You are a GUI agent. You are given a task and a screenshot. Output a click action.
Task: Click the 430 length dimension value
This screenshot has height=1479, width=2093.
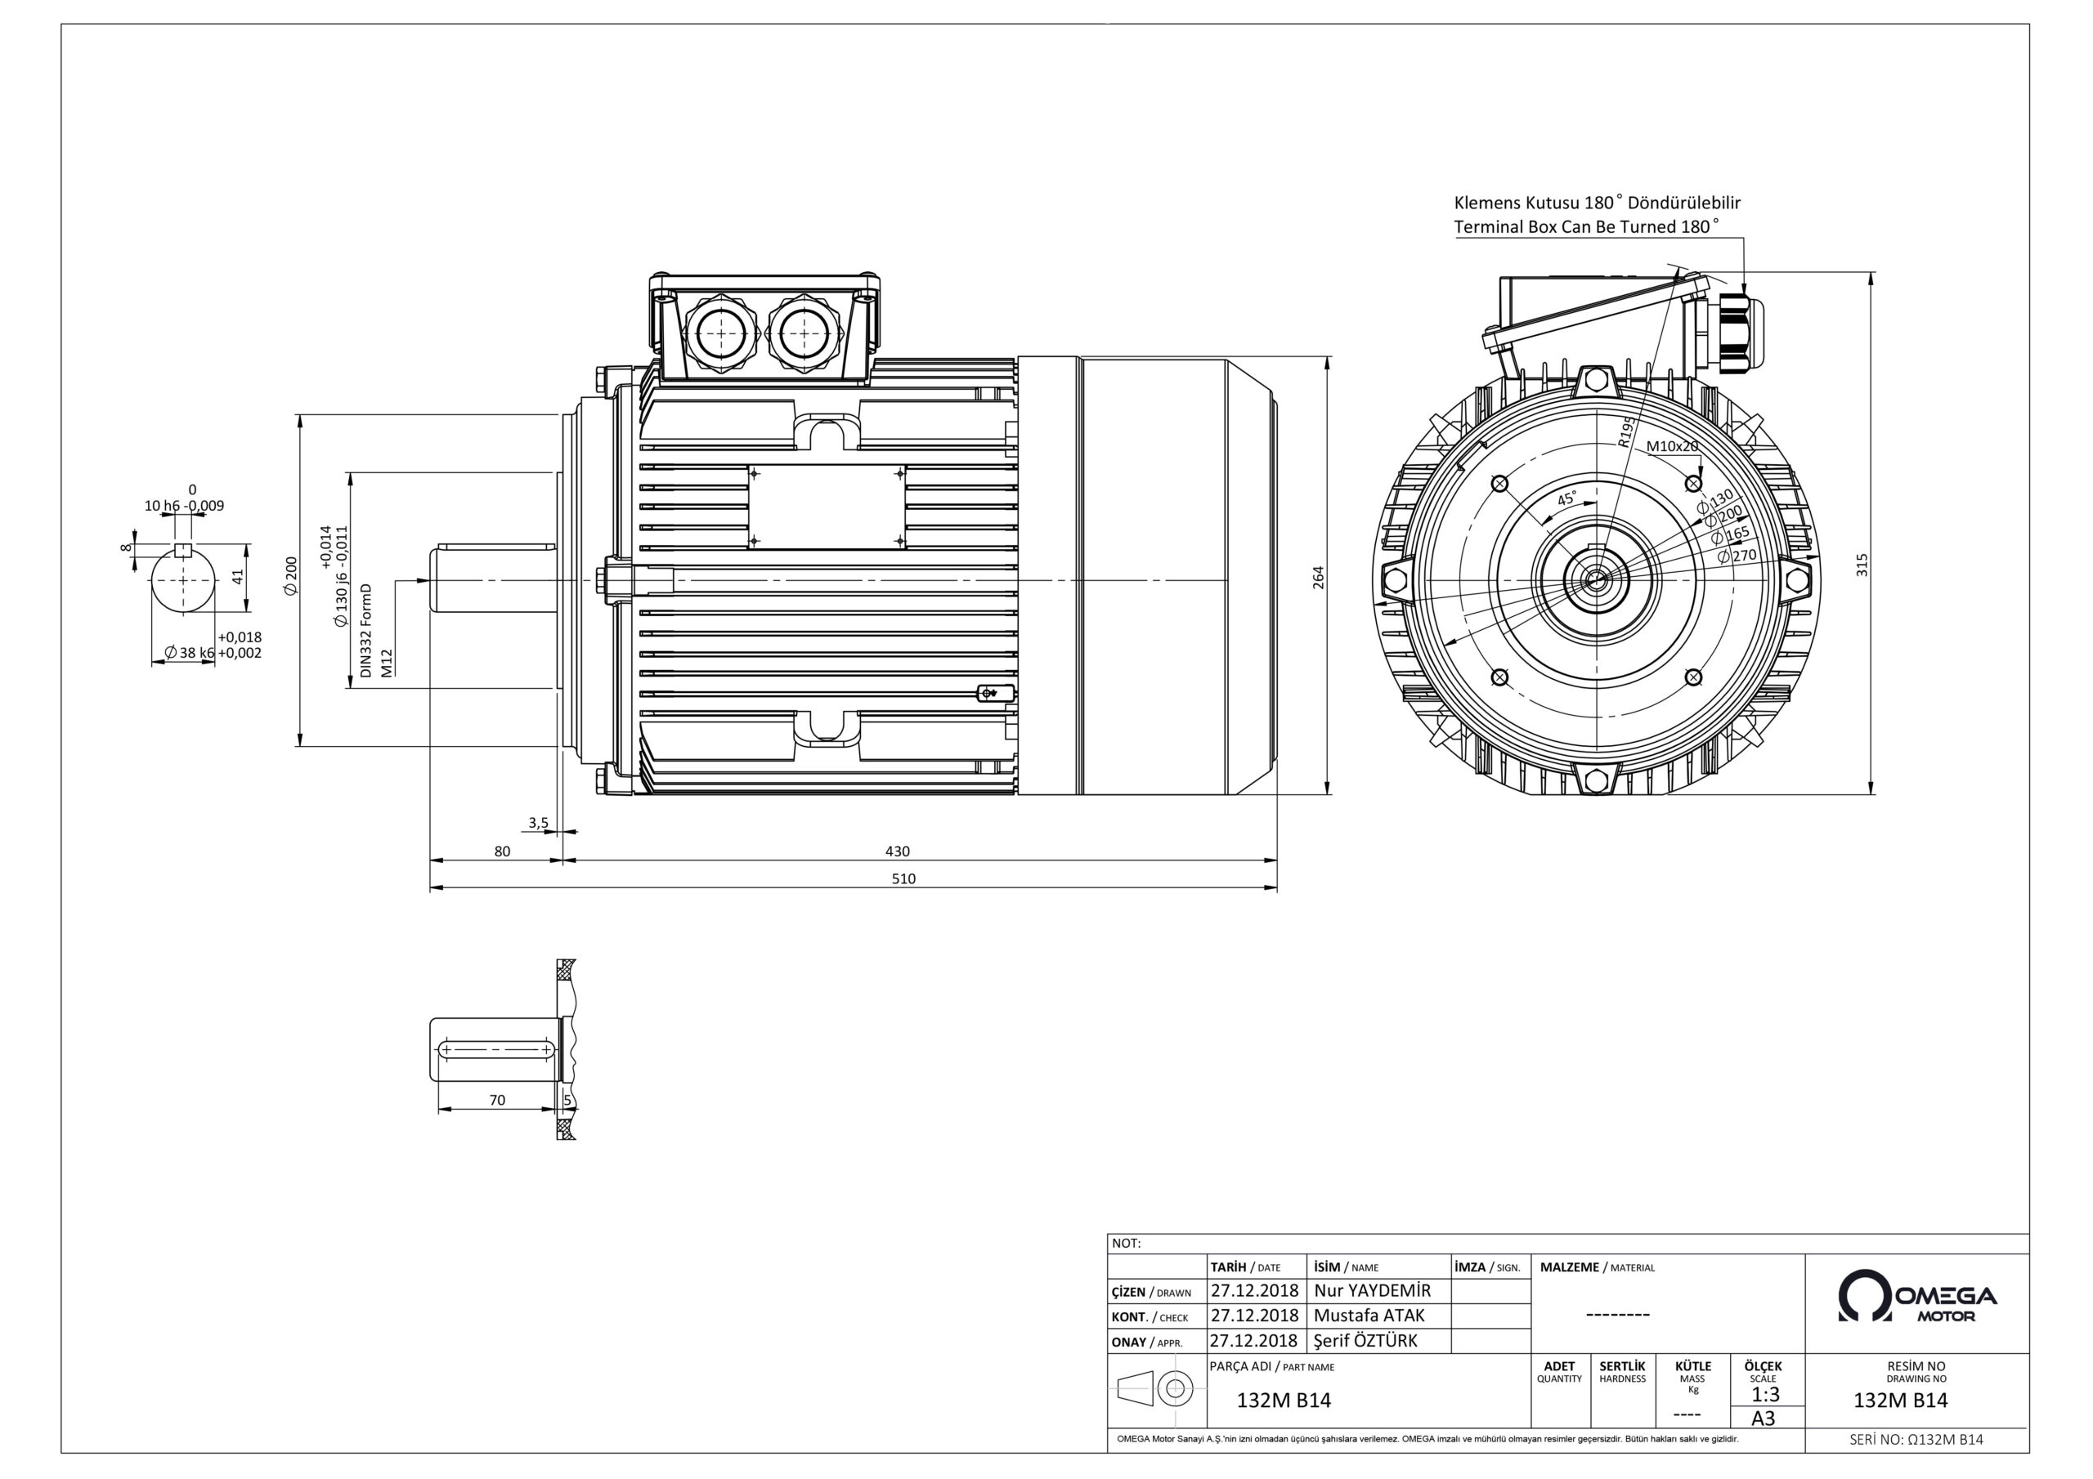click(897, 851)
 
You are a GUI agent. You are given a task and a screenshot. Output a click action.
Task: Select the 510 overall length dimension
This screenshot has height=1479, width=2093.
click(903, 878)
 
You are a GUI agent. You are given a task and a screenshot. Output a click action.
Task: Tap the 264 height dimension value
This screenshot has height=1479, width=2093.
click(1318, 578)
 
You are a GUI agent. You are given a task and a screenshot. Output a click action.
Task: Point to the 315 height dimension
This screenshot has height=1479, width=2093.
click(1862, 565)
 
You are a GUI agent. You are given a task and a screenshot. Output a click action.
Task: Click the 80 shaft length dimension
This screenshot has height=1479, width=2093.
click(502, 851)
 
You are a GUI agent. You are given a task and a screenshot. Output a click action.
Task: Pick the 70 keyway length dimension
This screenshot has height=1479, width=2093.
click(497, 1100)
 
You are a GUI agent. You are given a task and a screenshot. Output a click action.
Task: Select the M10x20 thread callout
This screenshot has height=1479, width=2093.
click(1672, 446)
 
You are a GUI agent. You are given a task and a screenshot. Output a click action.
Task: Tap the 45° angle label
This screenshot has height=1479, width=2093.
click(1566, 499)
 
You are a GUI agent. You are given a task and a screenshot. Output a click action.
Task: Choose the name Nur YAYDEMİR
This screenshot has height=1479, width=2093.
click(1372, 1290)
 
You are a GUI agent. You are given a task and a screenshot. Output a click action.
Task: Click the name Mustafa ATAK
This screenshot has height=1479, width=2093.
click(1369, 1315)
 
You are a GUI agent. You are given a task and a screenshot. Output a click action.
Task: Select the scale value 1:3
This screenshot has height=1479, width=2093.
click(1765, 1394)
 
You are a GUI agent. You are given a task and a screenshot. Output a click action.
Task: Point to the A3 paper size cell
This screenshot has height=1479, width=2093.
click(1763, 1418)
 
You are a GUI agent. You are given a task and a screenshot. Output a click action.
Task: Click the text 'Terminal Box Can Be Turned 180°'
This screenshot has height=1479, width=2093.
click(1586, 226)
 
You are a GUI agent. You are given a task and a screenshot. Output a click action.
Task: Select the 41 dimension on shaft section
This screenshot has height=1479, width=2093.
click(237, 577)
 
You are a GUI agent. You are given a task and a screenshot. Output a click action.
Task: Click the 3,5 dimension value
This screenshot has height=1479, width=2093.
click(538, 823)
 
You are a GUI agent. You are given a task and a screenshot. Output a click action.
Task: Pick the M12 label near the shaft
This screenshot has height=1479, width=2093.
click(387, 662)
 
